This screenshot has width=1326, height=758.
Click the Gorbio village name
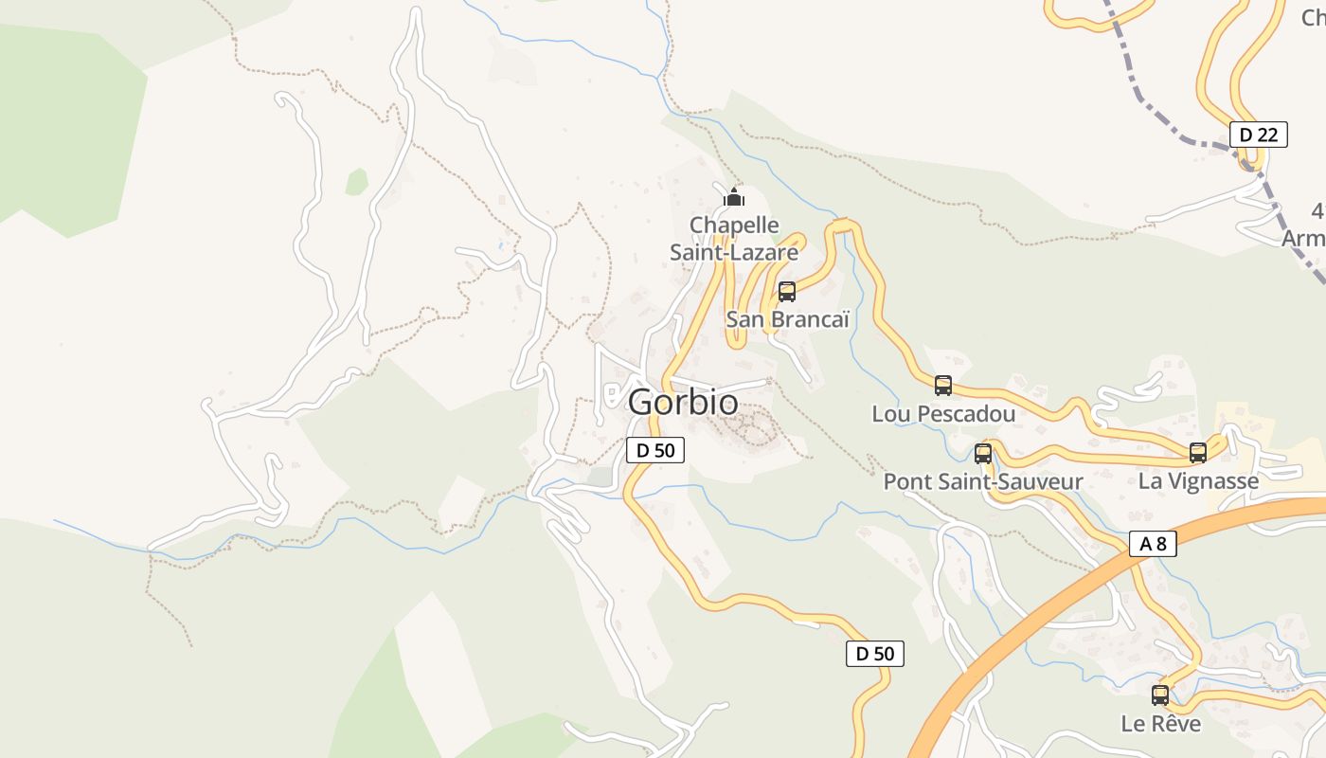click(682, 402)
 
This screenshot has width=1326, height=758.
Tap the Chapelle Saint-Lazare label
click(734, 239)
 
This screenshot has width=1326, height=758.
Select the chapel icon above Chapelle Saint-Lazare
click(734, 197)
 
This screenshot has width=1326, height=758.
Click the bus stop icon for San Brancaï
click(786, 292)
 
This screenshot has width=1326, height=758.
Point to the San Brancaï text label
click(787, 319)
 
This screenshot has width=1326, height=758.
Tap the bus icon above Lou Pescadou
click(942, 386)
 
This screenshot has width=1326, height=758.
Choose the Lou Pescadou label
click(943, 414)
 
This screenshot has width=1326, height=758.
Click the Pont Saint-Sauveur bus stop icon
click(983, 454)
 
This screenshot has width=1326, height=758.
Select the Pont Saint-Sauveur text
click(983, 481)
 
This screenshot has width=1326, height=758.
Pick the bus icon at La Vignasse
click(1198, 453)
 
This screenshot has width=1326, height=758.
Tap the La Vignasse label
click(1198, 481)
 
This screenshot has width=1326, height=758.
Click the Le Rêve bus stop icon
click(1160, 695)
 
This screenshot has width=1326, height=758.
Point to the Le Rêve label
click(1160, 724)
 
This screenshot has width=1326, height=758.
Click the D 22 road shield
click(1259, 135)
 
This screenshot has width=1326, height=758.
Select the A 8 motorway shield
click(1153, 543)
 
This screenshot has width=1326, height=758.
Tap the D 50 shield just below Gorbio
click(654, 450)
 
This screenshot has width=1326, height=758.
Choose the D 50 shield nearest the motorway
click(874, 653)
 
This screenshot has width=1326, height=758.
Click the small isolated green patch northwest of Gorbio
click(356, 182)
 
